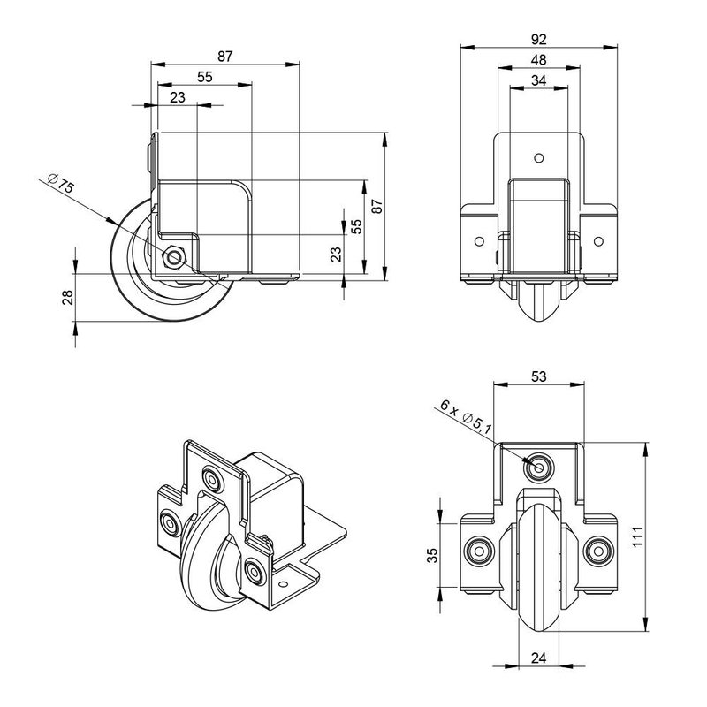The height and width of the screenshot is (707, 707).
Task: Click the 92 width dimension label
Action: click(x=537, y=39)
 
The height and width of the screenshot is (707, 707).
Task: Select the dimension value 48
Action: click(x=537, y=60)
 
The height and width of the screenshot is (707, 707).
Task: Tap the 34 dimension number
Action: click(x=537, y=81)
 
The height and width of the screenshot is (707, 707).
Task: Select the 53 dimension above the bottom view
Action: click(x=537, y=376)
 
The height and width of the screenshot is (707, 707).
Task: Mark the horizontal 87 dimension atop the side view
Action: click(x=224, y=57)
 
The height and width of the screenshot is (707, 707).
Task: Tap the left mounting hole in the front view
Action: click(x=478, y=240)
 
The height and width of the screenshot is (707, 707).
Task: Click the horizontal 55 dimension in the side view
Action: click(x=203, y=78)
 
